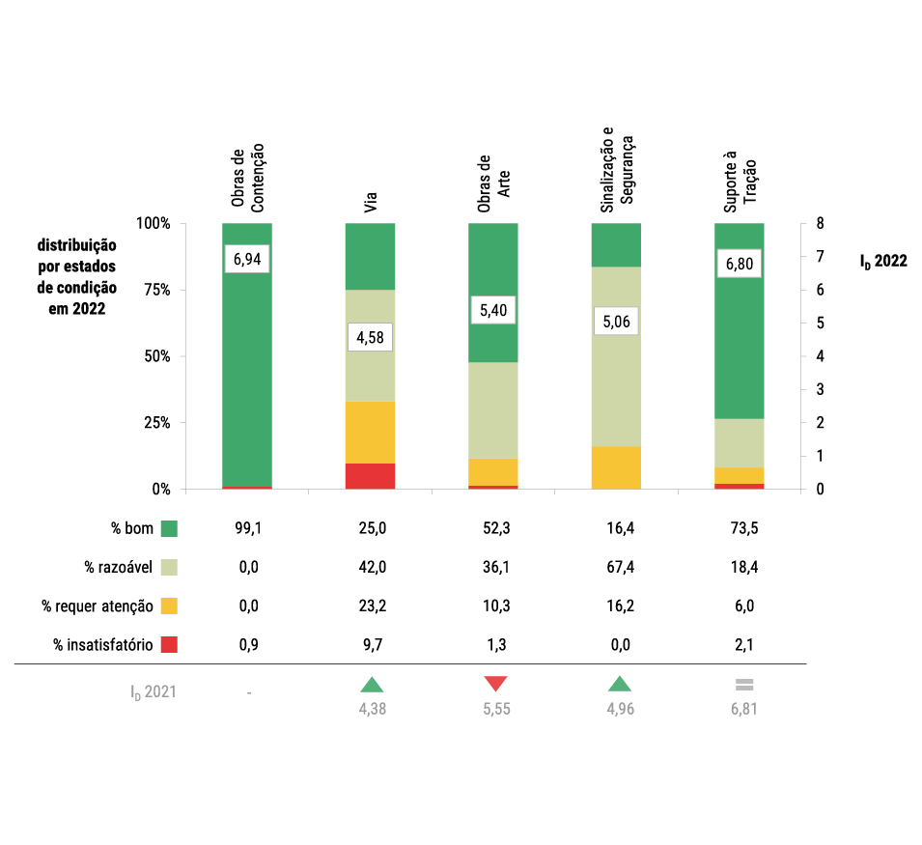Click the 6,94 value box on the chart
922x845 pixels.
(247, 259)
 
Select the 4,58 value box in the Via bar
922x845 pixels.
(370, 337)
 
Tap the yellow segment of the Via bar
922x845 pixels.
(370, 432)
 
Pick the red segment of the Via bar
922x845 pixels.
(370, 476)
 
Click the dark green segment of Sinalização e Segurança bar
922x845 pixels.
(616, 244)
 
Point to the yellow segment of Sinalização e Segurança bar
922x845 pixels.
(616, 467)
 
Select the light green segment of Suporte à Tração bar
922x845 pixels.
(740, 442)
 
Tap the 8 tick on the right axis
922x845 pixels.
(820, 223)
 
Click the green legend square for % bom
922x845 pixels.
(170, 528)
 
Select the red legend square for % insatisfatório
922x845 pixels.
(170, 644)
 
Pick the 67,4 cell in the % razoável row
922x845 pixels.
(616, 567)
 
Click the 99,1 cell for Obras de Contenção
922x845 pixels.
(247, 528)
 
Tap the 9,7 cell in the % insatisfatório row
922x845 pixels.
(370, 644)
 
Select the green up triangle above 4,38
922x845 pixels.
(371, 685)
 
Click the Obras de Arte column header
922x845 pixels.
(492, 183)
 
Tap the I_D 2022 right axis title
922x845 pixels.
(882, 260)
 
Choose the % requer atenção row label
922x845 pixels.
(97, 606)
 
